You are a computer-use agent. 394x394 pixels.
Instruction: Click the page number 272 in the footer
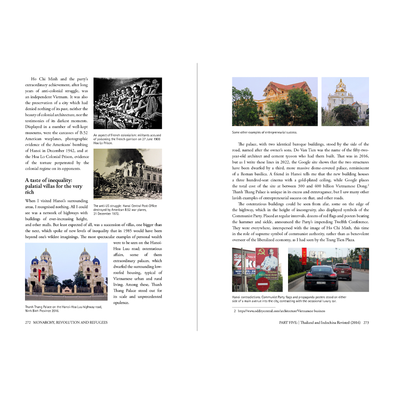28,323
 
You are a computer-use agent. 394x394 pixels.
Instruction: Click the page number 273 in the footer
366,323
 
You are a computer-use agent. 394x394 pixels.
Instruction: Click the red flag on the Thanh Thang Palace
40,273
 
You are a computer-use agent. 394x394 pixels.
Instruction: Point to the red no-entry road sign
262,283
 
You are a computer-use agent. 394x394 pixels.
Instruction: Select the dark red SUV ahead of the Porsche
342,271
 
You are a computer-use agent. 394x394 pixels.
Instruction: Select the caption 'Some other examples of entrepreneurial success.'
264,133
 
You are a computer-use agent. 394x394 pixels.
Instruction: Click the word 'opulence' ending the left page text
122,302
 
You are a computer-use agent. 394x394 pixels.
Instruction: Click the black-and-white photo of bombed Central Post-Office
128,174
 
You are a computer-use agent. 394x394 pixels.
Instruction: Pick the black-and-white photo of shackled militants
128,103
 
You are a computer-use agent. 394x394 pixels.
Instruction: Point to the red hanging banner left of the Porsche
304,256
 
